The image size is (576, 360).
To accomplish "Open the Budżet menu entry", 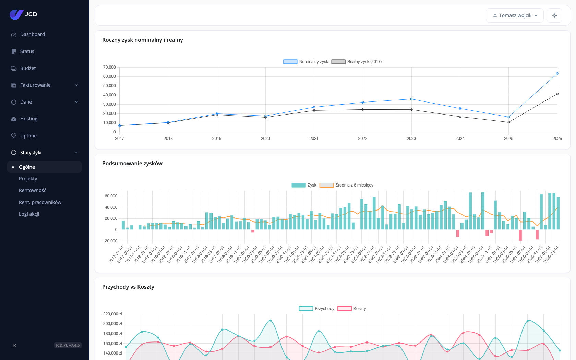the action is (28, 68).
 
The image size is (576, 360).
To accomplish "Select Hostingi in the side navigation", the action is (29, 119).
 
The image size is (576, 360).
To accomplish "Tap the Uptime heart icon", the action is (14, 136).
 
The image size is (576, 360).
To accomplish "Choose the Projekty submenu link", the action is (28, 178).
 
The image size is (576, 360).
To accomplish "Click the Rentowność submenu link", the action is (32, 190).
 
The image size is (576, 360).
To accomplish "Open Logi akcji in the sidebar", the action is (29, 214).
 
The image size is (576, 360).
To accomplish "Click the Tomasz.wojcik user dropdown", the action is (515, 15).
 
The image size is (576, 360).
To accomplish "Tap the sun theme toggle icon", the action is (554, 15).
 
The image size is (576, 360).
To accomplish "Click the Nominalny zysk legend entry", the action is (306, 62).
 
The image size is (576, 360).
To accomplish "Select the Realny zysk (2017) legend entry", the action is (357, 62).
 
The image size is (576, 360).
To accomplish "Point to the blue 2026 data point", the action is (557, 73).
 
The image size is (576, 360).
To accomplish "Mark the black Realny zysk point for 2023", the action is (411, 110).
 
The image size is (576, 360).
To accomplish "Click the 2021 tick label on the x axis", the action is (314, 139).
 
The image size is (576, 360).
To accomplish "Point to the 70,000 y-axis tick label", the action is (110, 67).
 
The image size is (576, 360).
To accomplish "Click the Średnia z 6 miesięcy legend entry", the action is (346, 185).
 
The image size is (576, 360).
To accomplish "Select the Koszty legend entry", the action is (352, 309).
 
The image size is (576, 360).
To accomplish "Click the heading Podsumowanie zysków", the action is (132, 163).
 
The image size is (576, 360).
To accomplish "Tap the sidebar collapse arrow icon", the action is (14, 345).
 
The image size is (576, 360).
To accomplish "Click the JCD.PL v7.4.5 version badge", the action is (68, 345).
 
